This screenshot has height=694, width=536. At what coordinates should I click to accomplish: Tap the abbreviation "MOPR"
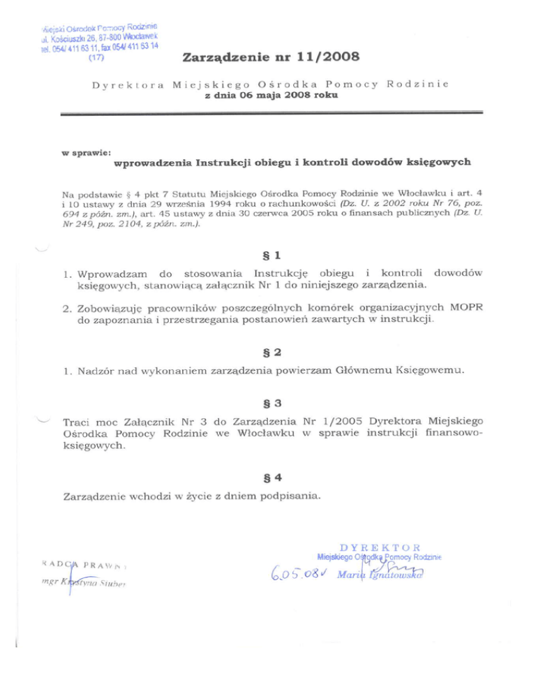pos(465,308)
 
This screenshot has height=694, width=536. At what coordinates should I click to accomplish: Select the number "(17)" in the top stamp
pos(97,58)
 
